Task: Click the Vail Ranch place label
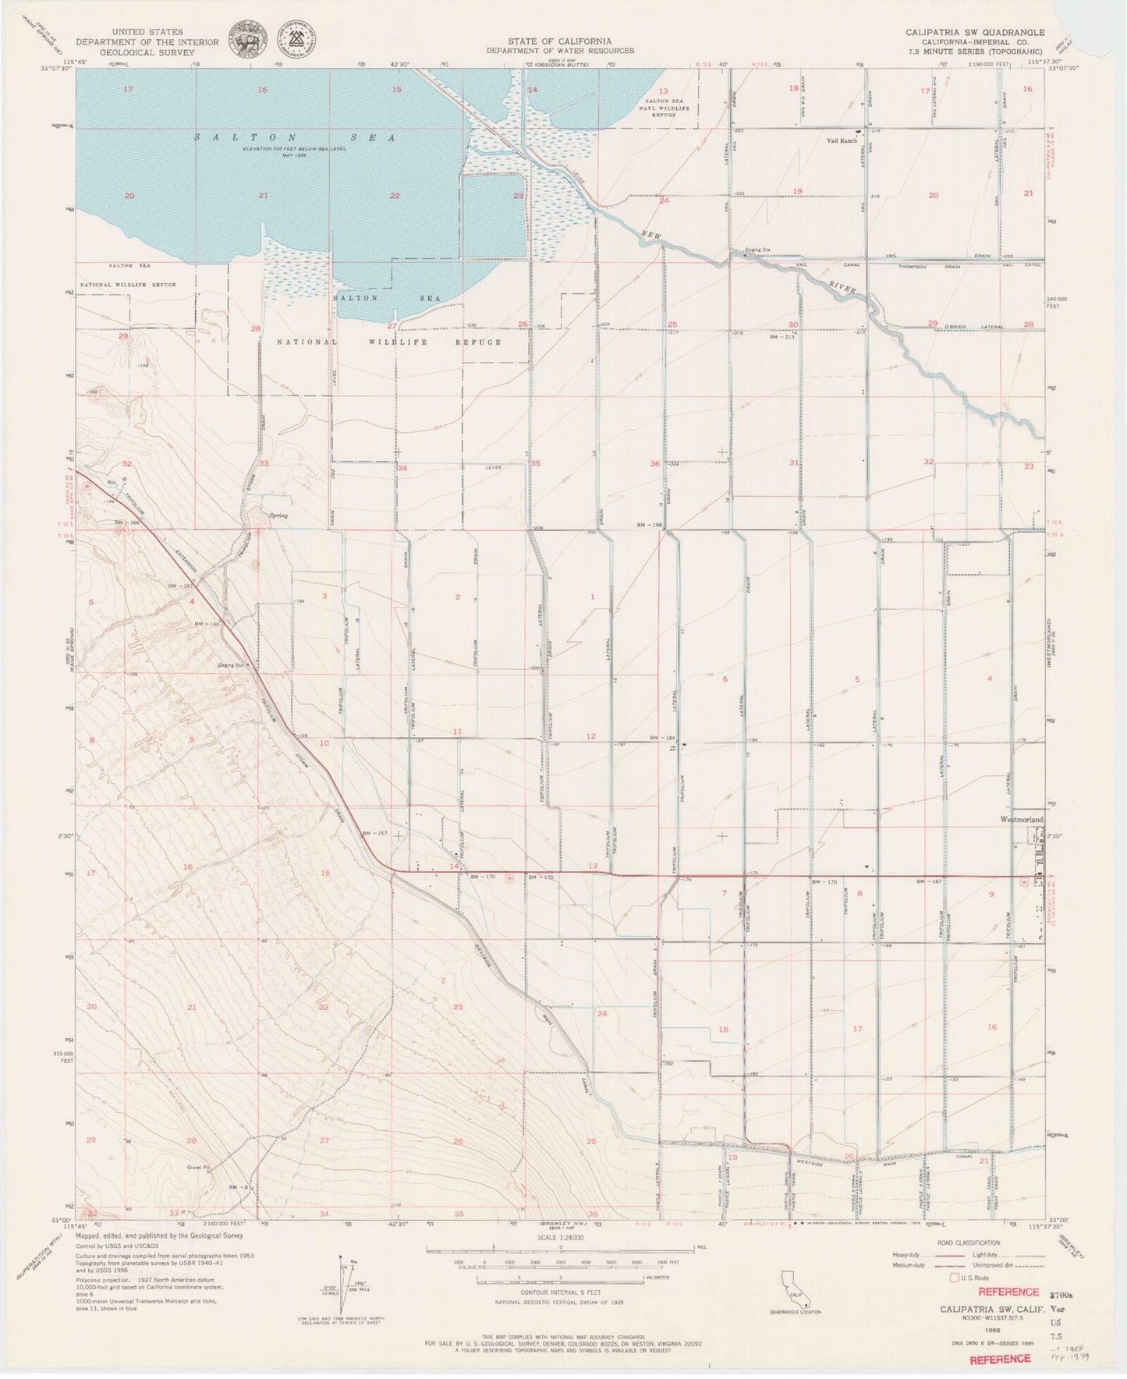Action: pyautogui.click(x=842, y=141)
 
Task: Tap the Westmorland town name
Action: pyautogui.click(x=1021, y=820)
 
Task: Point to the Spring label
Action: pyautogui.click(x=278, y=516)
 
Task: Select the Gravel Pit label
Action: pyautogui.click(x=199, y=1168)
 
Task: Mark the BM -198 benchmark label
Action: pyautogui.click(x=649, y=525)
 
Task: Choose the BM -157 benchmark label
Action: pyautogui.click(x=374, y=834)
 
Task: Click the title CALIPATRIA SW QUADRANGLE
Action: pyautogui.click(x=974, y=32)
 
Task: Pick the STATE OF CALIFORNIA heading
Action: pyautogui.click(x=559, y=41)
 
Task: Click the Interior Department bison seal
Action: pyautogui.click(x=244, y=38)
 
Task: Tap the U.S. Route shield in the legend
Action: pyautogui.click(x=952, y=1278)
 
